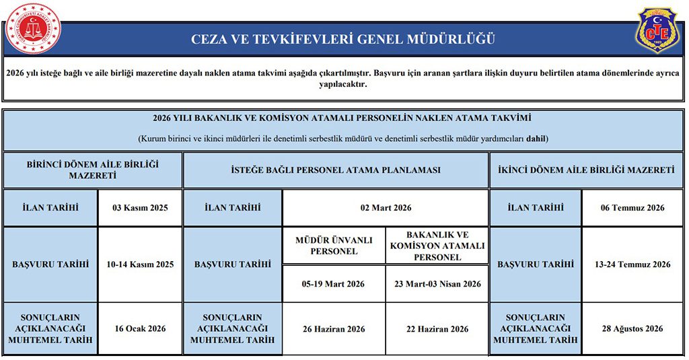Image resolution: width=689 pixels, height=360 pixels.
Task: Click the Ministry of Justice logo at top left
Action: [32, 28]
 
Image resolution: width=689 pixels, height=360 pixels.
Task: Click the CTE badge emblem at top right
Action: [657, 30]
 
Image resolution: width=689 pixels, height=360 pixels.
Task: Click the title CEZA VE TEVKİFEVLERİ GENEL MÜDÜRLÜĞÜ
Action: [343, 39]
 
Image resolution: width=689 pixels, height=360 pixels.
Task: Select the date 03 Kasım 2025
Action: [140, 207]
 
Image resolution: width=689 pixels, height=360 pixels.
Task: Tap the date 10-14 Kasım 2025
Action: [140, 264]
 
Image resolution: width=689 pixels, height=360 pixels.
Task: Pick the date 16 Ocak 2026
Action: [140, 328]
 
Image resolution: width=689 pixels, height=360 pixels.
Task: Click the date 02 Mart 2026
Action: [386, 207]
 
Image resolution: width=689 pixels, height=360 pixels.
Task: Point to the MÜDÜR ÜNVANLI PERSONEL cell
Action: [334, 246]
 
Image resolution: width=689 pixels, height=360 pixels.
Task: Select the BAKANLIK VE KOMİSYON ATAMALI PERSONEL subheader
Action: [437, 246]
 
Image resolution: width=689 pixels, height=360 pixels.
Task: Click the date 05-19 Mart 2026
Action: [334, 284]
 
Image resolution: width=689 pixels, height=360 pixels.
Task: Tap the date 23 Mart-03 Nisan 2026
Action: [437, 284]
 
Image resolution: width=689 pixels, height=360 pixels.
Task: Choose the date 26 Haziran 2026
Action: [334, 328]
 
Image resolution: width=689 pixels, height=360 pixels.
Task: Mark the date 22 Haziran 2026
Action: [437, 328]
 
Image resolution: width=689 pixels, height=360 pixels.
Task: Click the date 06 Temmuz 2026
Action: [632, 207]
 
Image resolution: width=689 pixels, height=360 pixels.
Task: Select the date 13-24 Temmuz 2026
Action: [632, 264]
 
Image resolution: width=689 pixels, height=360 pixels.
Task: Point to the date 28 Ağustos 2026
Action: [632, 328]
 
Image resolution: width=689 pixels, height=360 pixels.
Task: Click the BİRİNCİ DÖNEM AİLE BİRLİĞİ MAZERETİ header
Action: [93, 170]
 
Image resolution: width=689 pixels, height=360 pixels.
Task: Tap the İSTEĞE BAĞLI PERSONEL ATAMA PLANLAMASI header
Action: [335, 170]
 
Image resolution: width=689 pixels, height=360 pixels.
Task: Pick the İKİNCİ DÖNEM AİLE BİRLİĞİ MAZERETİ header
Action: [585, 170]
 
